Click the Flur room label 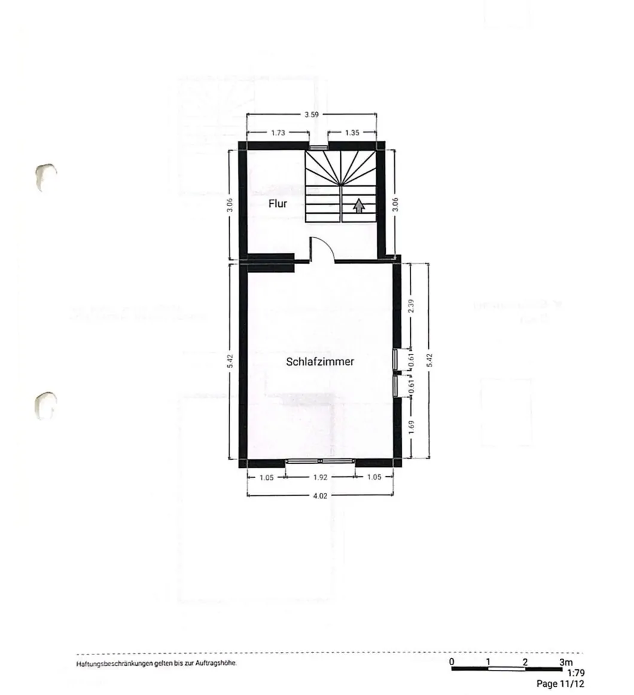[278, 204]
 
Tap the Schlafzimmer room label [320, 362]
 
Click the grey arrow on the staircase [358, 206]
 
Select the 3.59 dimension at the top [312, 114]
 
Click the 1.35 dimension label [352, 133]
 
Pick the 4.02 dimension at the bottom [320, 495]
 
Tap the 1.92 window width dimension [320, 477]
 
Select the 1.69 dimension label [410, 427]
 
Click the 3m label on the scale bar [565, 662]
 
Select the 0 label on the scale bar [452, 662]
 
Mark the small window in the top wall [318, 146]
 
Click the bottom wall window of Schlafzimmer [320, 461]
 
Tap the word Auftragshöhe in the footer [216, 664]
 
